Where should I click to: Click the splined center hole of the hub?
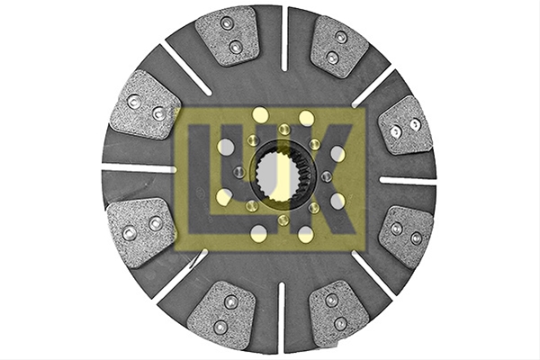point(278,177)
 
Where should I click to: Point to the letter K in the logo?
point(324,179)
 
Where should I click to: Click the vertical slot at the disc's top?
point(284,39)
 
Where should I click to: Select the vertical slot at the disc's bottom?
point(282,317)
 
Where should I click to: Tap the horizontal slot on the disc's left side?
point(139,169)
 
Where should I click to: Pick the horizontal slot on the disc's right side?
point(408,181)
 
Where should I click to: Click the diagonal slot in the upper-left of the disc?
point(186,70)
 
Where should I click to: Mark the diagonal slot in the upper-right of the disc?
point(373,86)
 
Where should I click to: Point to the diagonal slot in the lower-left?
point(182,276)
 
